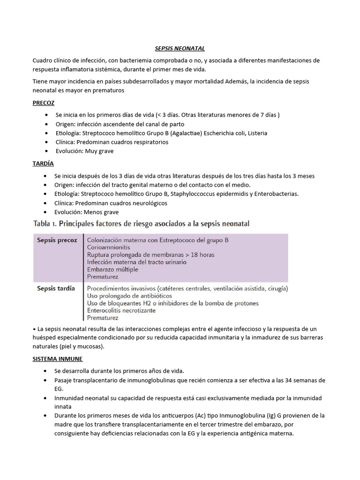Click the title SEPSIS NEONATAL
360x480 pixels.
point(180,48)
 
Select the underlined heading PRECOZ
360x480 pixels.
point(44,103)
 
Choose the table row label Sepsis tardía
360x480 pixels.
point(56,289)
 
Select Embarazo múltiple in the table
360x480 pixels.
point(115,270)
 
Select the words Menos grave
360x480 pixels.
point(103,212)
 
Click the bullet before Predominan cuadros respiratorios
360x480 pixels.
point(45,142)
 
